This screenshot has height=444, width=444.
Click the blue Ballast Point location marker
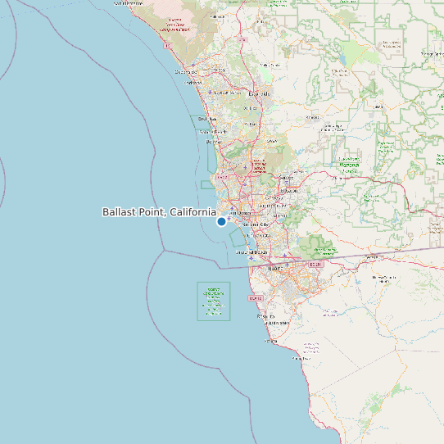pyautogui.click(x=221, y=221)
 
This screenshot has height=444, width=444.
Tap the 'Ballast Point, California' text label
pyautogui.click(x=159, y=212)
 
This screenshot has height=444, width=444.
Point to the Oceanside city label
pyautogui.click(x=187, y=72)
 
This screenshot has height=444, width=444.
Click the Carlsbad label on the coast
pyautogui.click(x=193, y=82)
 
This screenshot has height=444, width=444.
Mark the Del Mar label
pyautogui.click(x=213, y=142)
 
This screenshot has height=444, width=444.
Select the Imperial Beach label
pyautogui.click(x=252, y=252)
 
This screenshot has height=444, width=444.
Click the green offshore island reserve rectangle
pyautogui.click(x=214, y=301)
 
